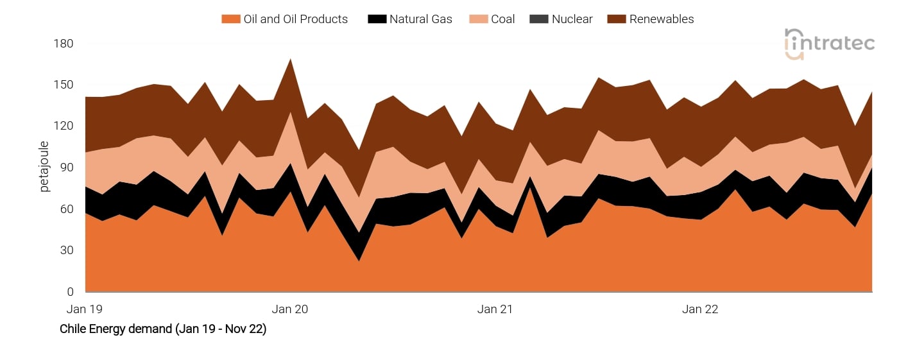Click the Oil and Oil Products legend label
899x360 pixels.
(295, 19)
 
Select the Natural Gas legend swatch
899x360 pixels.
(377, 19)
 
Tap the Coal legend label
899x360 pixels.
(502, 19)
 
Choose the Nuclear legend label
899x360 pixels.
(572, 19)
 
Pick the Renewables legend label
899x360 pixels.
(661, 19)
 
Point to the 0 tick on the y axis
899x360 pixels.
(71, 292)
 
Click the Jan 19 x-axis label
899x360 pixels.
(85, 309)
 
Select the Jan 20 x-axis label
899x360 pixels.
(290, 309)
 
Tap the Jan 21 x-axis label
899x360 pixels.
(495, 309)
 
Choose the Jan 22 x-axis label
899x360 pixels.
(700, 309)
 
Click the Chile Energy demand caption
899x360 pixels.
(163, 329)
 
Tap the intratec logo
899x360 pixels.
(829, 44)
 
